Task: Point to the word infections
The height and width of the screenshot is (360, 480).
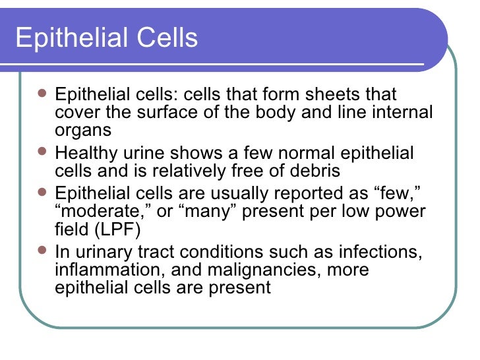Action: point(382,252)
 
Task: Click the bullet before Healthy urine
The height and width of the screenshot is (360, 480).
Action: point(43,153)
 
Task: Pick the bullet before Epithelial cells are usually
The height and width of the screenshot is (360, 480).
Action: point(43,193)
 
